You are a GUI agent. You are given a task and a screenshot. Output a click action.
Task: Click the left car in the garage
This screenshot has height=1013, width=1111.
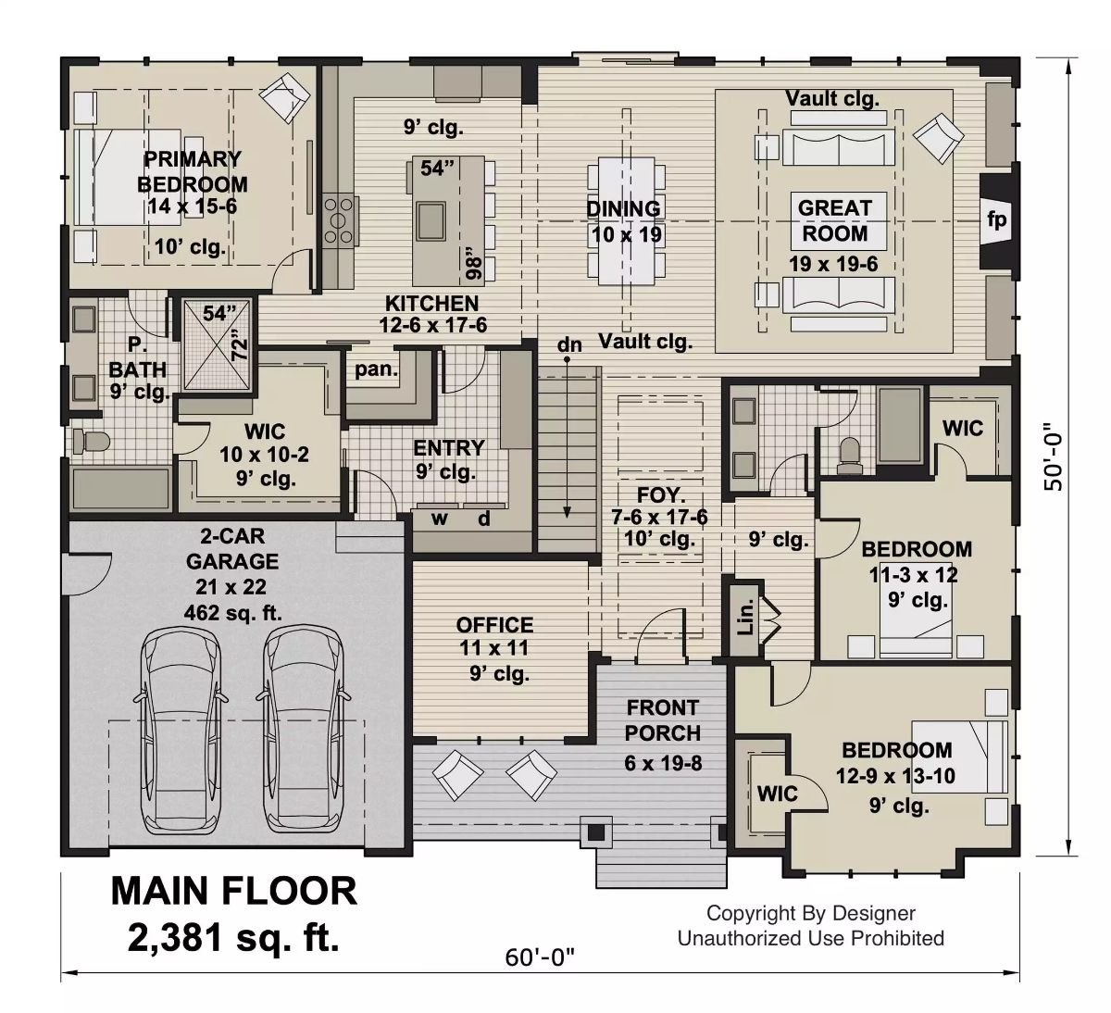click(x=181, y=732)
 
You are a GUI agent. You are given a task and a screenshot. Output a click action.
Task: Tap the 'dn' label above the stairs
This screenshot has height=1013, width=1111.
click(x=569, y=345)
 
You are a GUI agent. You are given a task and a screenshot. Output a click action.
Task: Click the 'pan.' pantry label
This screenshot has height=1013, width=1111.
click(x=377, y=369)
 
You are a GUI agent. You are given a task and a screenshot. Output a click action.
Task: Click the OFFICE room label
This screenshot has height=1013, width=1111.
click(x=494, y=625)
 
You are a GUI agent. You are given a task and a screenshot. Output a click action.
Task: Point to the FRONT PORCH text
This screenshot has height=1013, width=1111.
click(x=662, y=720)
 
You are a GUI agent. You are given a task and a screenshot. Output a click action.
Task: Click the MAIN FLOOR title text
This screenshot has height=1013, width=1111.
click(x=233, y=891)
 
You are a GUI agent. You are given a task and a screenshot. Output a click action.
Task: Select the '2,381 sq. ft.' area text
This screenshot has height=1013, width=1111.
click(x=233, y=939)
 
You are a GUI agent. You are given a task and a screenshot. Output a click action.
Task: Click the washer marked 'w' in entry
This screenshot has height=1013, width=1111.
click(x=440, y=518)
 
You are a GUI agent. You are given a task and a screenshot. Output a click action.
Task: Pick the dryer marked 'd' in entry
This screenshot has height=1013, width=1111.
click(x=483, y=518)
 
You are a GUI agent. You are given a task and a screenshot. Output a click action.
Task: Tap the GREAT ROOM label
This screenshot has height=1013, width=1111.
click(x=835, y=220)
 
